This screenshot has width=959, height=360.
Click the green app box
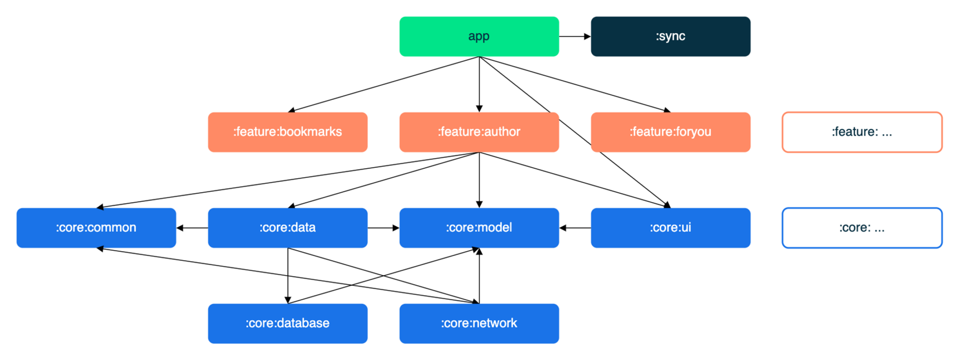tap(479, 36)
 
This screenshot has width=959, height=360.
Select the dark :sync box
tap(670, 36)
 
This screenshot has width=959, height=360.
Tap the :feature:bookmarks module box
tap(288, 132)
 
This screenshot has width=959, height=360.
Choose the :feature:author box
tap(479, 132)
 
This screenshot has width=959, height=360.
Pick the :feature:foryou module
tap(670, 132)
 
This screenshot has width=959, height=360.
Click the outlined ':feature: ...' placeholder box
tap(862, 112)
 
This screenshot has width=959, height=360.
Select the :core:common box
tap(96, 228)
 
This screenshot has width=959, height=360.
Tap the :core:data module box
tap(288, 228)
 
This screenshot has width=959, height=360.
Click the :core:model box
tap(479, 228)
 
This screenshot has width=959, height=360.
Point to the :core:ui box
tap(670, 228)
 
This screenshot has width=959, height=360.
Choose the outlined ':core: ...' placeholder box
tap(862, 208)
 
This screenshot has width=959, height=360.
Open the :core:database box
tap(288, 324)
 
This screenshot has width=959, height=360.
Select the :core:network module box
tap(479, 324)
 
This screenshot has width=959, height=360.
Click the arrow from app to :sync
tap(575, 36)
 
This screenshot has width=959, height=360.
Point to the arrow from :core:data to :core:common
tap(192, 228)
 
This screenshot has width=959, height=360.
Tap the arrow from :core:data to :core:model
tap(384, 228)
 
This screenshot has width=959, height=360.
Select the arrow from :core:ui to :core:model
tap(575, 228)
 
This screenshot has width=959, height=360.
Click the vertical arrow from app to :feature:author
tap(479, 84)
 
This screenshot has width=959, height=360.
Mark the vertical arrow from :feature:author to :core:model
tap(479, 180)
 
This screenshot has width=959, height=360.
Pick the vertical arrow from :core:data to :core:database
tap(288, 276)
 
